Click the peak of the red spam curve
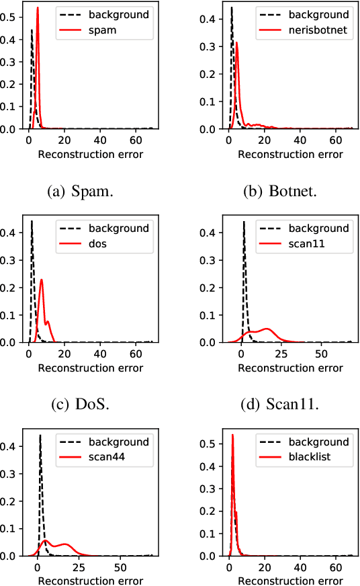(38, 8)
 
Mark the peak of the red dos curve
(42, 280)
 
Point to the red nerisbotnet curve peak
(236, 42)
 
